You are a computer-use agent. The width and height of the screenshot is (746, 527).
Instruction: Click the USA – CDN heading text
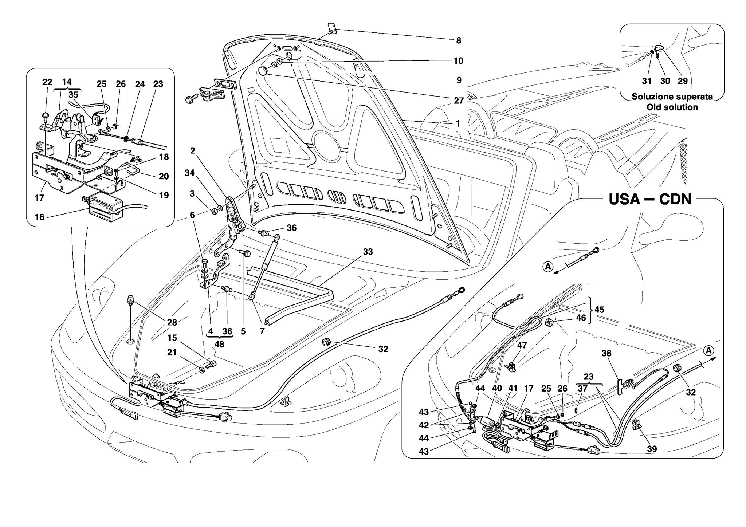[650, 200]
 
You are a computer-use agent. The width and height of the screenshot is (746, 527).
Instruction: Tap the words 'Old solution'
[672, 107]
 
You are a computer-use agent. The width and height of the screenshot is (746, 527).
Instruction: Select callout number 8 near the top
[459, 40]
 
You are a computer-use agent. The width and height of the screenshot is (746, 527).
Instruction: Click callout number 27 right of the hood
[459, 101]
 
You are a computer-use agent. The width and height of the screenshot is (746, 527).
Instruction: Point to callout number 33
[368, 252]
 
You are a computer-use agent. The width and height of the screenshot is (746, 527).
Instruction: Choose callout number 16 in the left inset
[39, 217]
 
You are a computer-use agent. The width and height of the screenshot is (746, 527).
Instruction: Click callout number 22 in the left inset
[47, 82]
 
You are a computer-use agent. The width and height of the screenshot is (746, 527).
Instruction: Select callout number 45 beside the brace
[599, 310]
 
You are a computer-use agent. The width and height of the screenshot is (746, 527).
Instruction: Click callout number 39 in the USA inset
[652, 449]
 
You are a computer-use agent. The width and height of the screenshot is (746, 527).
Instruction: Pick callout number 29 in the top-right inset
[683, 81]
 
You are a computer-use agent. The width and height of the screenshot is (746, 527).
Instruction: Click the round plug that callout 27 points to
[263, 71]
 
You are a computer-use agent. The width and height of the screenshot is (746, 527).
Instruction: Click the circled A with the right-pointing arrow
[708, 350]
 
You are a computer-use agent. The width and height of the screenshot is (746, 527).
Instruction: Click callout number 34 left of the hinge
[189, 173]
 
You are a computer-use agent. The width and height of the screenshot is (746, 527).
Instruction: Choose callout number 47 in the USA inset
[522, 345]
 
